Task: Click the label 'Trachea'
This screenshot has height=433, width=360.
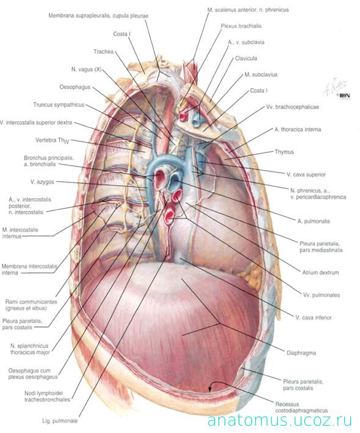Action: tap(103, 52)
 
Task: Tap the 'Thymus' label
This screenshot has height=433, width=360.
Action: tap(284, 152)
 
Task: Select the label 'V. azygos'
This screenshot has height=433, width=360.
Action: tap(42, 182)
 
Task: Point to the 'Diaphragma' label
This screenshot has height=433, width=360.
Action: tap(301, 353)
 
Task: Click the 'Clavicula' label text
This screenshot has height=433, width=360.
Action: tap(246, 59)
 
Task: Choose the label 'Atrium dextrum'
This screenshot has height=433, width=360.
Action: tap(320, 273)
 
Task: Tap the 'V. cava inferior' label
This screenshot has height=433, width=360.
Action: tap(313, 318)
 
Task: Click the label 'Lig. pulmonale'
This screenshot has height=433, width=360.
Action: tap(60, 421)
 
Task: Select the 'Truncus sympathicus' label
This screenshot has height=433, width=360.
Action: tap(59, 105)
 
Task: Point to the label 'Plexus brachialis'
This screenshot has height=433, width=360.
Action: tap(241, 26)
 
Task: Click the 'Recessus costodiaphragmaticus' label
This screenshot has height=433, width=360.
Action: tap(301, 407)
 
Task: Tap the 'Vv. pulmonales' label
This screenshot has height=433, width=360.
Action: tap(322, 295)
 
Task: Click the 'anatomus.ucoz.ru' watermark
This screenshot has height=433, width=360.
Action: tap(279, 420)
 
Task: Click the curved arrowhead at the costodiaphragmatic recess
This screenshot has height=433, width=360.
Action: tap(210, 389)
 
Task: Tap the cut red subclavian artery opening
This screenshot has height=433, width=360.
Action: tap(182, 116)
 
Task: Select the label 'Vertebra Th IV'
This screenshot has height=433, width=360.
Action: tap(52, 140)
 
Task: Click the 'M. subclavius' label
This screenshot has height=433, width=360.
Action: tap(261, 74)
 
